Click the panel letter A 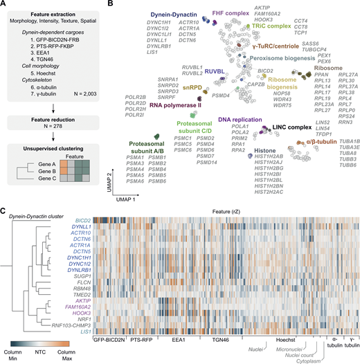(4, 5)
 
